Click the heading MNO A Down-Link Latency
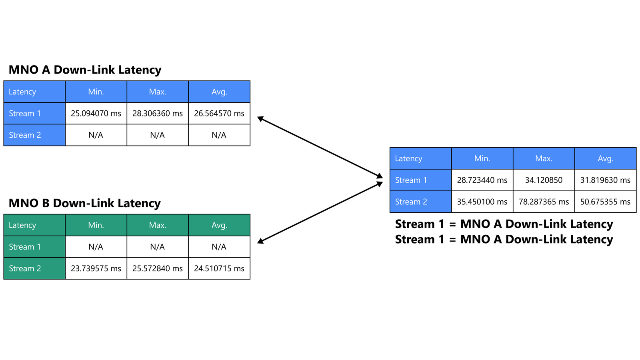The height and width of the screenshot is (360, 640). click(85, 70)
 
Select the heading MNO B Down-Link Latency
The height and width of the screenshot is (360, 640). click(84, 203)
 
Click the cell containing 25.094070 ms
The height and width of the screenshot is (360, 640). click(96, 114)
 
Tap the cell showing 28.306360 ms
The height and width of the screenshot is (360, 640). click(158, 114)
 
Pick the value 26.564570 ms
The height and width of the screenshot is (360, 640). click(219, 114)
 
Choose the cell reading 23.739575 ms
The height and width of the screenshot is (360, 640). click(96, 268)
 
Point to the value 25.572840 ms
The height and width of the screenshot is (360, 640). click(158, 268)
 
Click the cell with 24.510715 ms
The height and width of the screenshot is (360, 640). click(219, 268)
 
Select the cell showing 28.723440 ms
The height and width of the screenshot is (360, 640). click(482, 180)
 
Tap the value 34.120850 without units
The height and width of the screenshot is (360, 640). click(544, 180)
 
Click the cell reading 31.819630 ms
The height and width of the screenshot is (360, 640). click(606, 180)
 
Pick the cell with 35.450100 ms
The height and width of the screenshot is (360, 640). click(482, 202)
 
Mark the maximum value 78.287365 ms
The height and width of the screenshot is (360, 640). click(544, 202)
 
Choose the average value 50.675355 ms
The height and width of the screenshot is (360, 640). click(606, 202)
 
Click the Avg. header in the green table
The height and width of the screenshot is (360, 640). click(219, 225)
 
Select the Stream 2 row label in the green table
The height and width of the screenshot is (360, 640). click(34, 268)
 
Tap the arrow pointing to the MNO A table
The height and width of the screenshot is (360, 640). click(320, 147)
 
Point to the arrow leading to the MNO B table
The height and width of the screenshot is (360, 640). click(320, 212)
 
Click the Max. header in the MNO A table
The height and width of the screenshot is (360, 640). click(158, 92)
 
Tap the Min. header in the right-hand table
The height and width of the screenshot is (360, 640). click(482, 158)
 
